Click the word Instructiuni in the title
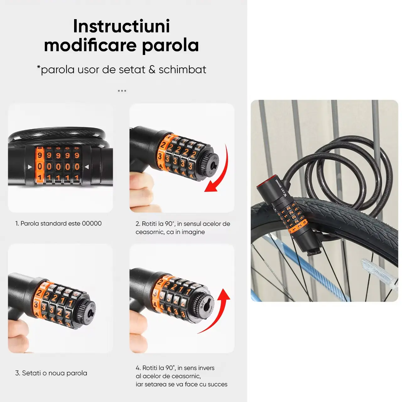[x=122, y=26]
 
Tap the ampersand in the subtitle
[x=152, y=70]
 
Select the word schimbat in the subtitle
[x=182, y=70]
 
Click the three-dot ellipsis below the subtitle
[x=122, y=91]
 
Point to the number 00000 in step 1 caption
[x=92, y=223]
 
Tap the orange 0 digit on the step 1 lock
[x=40, y=166]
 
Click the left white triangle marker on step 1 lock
[x=30, y=167]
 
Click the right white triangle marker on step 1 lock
[x=87, y=167]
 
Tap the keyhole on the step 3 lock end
[x=91, y=313]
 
